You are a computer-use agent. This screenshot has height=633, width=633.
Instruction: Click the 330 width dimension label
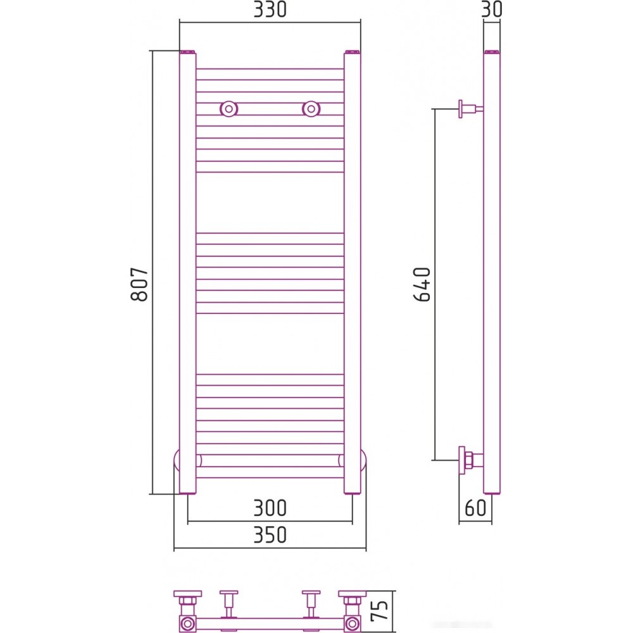(270, 9)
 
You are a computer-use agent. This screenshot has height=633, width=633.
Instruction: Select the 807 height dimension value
(140, 284)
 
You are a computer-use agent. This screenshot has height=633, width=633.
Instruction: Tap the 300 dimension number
(270, 508)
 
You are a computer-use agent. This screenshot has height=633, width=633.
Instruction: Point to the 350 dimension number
(270, 534)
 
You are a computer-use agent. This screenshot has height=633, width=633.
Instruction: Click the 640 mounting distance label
(422, 284)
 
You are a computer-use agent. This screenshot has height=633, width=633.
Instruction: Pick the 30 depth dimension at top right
(492, 9)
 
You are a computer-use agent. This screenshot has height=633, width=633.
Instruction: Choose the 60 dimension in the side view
(475, 508)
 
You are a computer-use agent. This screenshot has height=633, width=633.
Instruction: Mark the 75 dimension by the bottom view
(379, 610)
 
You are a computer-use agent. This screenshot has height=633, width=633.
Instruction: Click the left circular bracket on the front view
(229, 109)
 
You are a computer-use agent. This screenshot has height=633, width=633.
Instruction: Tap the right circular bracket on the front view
(311, 109)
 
